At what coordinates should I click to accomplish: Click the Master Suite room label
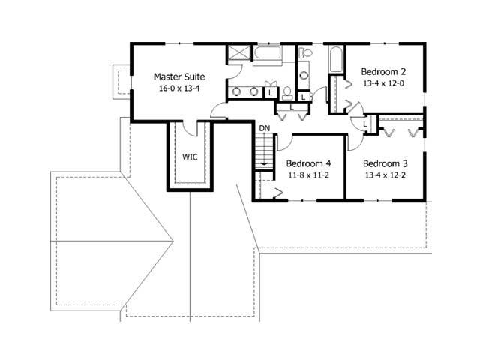click(179, 76)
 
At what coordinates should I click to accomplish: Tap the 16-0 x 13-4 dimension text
click(179, 88)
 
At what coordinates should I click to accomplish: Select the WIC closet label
click(190, 157)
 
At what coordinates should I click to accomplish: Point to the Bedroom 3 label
click(385, 163)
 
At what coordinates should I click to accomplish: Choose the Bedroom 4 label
click(308, 163)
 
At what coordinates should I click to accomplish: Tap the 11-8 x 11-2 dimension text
click(308, 175)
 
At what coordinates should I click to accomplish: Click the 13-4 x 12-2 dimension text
click(385, 175)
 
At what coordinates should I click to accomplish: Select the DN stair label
click(264, 129)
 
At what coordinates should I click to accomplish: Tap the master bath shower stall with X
click(240, 55)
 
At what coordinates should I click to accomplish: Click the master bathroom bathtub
click(268, 55)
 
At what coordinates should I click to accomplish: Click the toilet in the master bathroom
click(287, 92)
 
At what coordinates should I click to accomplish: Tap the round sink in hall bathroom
click(303, 75)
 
